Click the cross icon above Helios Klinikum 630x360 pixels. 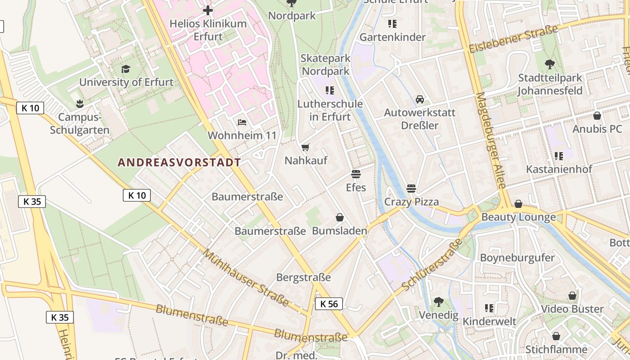click(208, 10)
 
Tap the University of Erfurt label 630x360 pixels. click(126, 82)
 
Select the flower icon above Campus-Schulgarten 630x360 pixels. click(80, 104)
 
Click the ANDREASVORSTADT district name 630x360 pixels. click(179, 163)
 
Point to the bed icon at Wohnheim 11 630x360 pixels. click(242, 122)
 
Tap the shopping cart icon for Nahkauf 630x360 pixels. click(306, 147)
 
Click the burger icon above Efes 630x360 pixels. click(356, 174)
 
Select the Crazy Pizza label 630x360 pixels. click(411, 202)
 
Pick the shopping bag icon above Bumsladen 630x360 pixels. click(340, 218)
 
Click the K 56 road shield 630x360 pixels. click(329, 304)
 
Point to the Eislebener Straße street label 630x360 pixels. click(513, 39)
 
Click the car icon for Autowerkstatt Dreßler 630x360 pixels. click(420, 99)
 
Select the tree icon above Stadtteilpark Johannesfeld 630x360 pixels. click(549, 64)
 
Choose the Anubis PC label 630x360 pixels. click(597, 129)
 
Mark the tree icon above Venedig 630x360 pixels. click(438, 302)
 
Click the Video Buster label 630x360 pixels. click(572, 309)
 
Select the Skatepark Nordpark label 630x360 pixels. click(325, 65)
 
